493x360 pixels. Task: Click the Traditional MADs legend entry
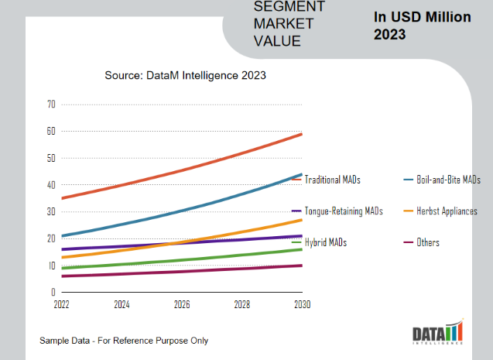pyautogui.click(x=333, y=180)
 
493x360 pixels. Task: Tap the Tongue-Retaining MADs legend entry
pyautogui.click(x=344, y=211)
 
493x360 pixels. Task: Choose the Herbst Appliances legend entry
pyautogui.click(x=447, y=211)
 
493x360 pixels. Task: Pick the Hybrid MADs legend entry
pyautogui.click(x=326, y=242)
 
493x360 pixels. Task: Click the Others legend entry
pyautogui.click(x=428, y=242)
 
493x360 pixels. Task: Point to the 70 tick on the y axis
pyautogui.click(x=51, y=104)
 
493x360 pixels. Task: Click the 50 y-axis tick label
pyautogui.click(x=51, y=158)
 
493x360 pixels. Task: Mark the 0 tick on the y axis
pyautogui.click(x=53, y=293)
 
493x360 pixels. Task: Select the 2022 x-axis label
pyautogui.click(x=61, y=304)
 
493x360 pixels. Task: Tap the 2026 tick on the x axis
pyautogui.click(x=181, y=304)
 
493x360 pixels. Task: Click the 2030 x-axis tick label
pyautogui.click(x=302, y=304)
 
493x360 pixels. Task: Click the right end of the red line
pyautogui.click(x=302, y=134)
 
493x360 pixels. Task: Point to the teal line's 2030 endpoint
pyautogui.click(x=302, y=174)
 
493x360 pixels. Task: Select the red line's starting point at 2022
pyautogui.click(x=61, y=198)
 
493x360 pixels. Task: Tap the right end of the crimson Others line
pyautogui.click(x=302, y=266)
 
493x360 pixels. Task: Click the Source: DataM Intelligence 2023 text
pyautogui.click(x=186, y=75)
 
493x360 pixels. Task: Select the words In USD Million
pyautogui.click(x=422, y=17)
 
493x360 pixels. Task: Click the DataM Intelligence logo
pyautogui.click(x=437, y=334)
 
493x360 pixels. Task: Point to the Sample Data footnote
pyautogui.click(x=124, y=341)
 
